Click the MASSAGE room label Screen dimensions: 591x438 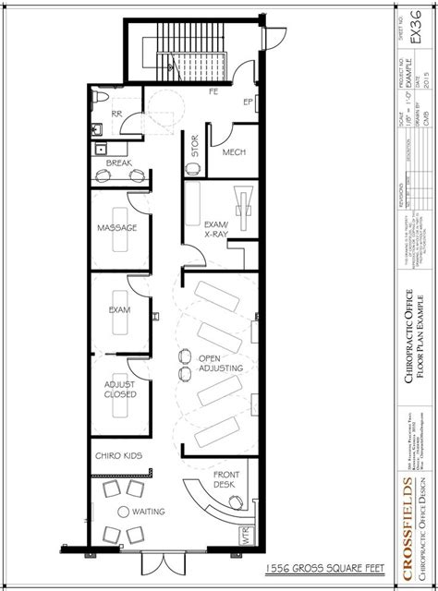click(117, 227)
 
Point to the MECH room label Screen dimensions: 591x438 click(234, 154)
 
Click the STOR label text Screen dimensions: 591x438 click(195, 146)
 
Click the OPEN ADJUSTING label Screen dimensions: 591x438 click(221, 363)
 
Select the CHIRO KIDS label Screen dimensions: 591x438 click(117, 455)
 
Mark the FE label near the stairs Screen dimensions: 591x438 click(213, 92)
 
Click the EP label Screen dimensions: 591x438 click(249, 102)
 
